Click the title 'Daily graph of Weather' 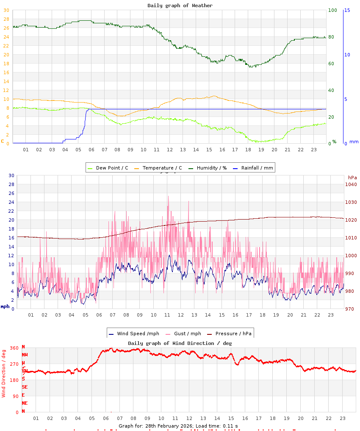coord(180,6)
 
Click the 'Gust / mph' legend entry coord(187,334)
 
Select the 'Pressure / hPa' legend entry coord(233,334)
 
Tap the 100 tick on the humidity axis coord(332,10)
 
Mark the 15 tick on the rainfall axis coord(347,10)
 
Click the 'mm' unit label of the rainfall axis coord(354,142)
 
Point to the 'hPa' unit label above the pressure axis coord(352,178)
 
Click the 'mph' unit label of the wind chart coord(5,306)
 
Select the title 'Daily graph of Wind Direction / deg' coord(180,343)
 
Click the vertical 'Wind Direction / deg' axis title coord(4,373)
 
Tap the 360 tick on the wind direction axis coord(14,348)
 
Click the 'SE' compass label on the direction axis coord(25,387)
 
